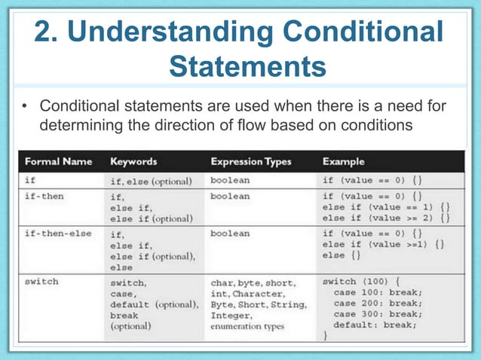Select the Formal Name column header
coord(59,161)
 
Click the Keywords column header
coord(133,161)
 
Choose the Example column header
coord(343,161)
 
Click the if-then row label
coord(44,195)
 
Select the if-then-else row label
coord(58,233)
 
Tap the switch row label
coord(42,282)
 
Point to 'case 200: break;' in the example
coord(375,303)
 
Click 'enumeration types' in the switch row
coord(247,327)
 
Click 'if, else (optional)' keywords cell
coord(152,181)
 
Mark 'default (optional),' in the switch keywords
coord(155,304)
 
